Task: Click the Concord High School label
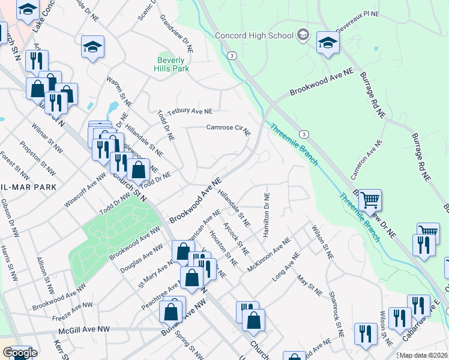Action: [255, 35]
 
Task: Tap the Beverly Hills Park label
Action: [173, 64]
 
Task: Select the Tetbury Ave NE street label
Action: [190, 112]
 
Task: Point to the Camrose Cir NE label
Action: [228, 128]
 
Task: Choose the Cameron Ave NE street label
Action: [367, 160]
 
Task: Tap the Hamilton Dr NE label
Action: [265, 214]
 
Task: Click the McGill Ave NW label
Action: [84, 330]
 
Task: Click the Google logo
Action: [20, 353]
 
